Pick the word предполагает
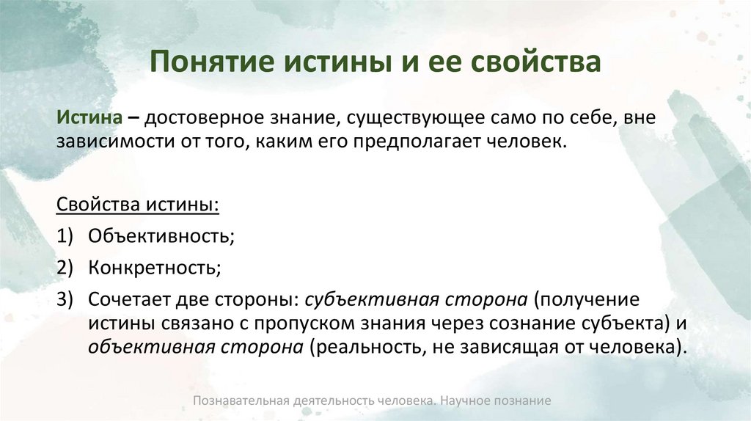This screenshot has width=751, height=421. [418, 141]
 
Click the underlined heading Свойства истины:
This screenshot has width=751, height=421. [137, 203]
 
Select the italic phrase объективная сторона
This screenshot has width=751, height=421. [196, 347]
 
